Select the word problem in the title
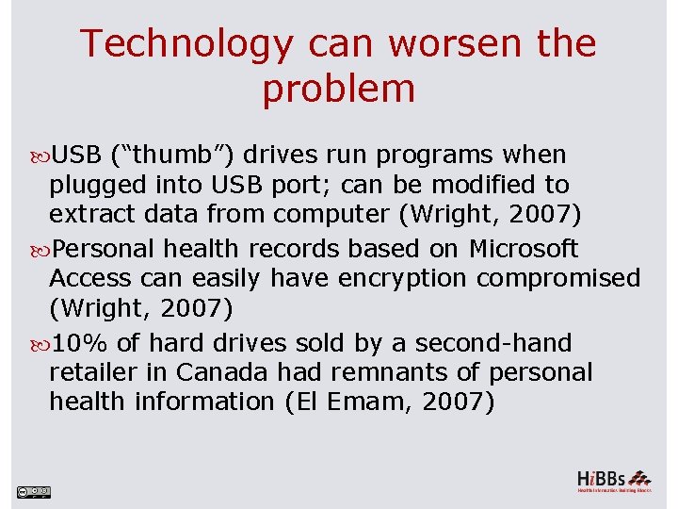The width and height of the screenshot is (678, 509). coord(338,90)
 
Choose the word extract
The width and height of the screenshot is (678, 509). coord(91,214)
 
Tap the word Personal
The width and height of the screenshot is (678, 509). coord(104,249)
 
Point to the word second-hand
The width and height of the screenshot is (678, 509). coord(493,343)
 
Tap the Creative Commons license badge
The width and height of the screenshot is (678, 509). coord(33,491)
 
